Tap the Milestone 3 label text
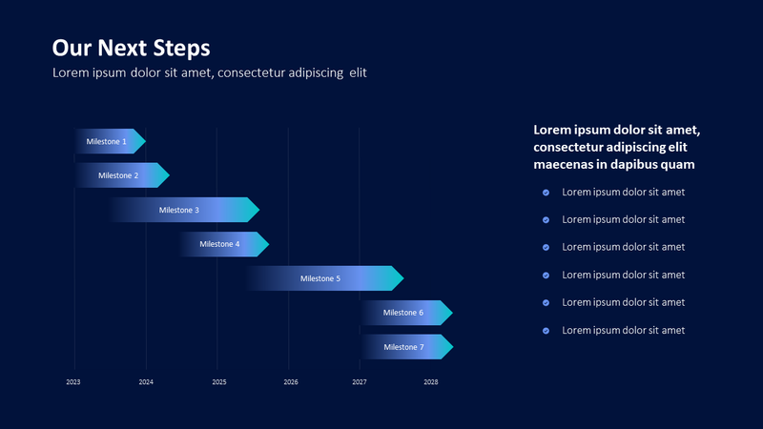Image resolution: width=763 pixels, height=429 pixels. click(x=179, y=210)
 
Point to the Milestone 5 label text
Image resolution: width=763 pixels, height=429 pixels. click(x=320, y=278)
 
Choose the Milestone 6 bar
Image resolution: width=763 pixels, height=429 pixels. click(x=404, y=313)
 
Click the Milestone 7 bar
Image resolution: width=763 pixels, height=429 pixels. click(x=404, y=347)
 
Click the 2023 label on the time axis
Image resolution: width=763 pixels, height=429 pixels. click(x=73, y=382)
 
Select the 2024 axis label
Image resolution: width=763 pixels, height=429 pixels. click(x=146, y=382)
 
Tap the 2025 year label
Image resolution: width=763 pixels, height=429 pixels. click(x=219, y=382)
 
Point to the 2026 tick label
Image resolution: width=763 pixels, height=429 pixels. click(x=291, y=382)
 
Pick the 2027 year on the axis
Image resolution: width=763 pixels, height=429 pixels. click(x=360, y=382)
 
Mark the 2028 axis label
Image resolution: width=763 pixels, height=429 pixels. click(x=431, y=382)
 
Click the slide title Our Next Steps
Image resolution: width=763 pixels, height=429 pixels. click(x=131, y=48)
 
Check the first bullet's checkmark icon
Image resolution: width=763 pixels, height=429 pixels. click(x=546, y=192)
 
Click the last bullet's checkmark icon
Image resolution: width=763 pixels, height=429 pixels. click(x=546, y=331)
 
